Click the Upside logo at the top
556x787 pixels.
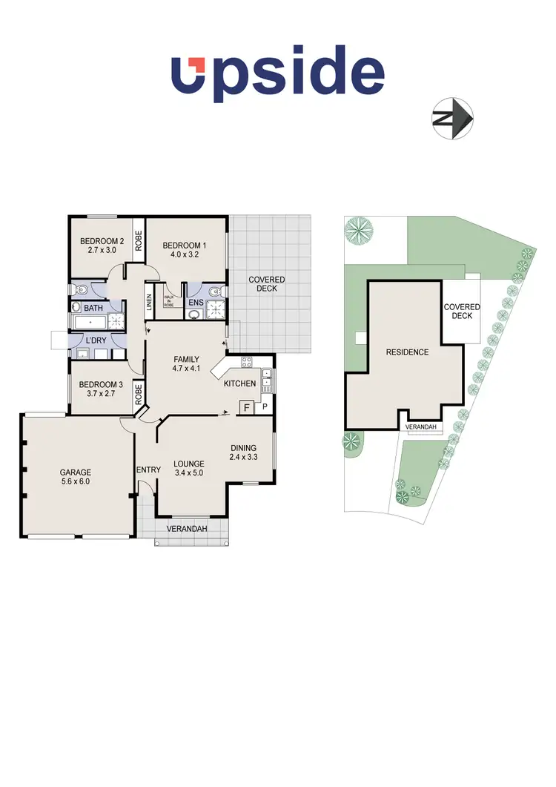(x=278, y=76)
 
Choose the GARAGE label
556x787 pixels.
(x=76, y=472)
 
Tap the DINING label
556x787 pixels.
(x=244, y=447)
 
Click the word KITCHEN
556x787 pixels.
(x=240, y=383)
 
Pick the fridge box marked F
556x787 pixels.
(x=245, y=406)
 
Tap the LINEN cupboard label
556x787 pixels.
(x=150, y=299)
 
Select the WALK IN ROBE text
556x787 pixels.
(x=168, y=299)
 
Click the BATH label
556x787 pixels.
(x=93, y=306)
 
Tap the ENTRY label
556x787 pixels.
(x=148, y=469)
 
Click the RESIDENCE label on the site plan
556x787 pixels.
(x=407, y=352)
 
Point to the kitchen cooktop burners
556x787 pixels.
(x=245, y=363)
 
